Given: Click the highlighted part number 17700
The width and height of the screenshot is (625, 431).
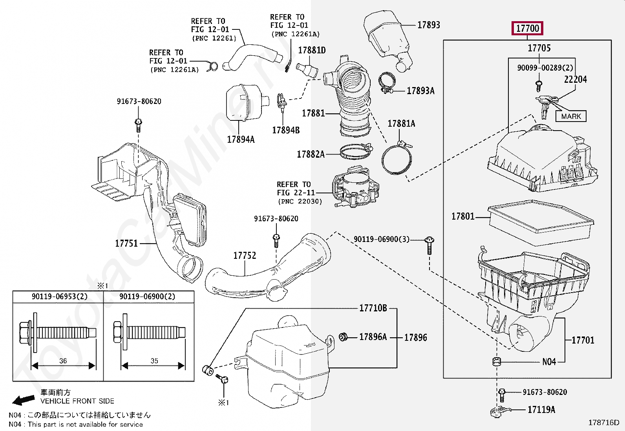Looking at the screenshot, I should (528, 28).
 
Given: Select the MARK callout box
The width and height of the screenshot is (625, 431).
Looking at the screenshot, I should (571, 116).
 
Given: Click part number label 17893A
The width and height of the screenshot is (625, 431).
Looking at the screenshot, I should (420, 91).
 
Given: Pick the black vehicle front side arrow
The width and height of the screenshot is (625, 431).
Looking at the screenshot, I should (24, 400).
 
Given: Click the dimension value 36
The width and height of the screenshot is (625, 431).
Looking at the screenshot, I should (63, 360).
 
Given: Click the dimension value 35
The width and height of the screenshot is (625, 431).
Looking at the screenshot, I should (154, 360).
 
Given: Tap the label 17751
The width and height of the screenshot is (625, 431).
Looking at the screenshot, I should (126, 244).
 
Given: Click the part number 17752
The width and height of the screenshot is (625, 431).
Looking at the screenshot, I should (245, 256).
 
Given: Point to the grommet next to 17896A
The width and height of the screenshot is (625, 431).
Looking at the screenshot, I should (343, 336).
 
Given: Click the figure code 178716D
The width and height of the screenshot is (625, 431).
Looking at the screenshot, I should (603, 422).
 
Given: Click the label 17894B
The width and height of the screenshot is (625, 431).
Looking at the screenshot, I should (286, 130).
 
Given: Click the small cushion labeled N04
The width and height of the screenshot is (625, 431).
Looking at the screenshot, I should (497, 361).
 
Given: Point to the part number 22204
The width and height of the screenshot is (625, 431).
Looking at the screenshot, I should (575, 80).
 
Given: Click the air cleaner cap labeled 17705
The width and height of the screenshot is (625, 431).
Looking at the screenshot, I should (542, 161).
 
